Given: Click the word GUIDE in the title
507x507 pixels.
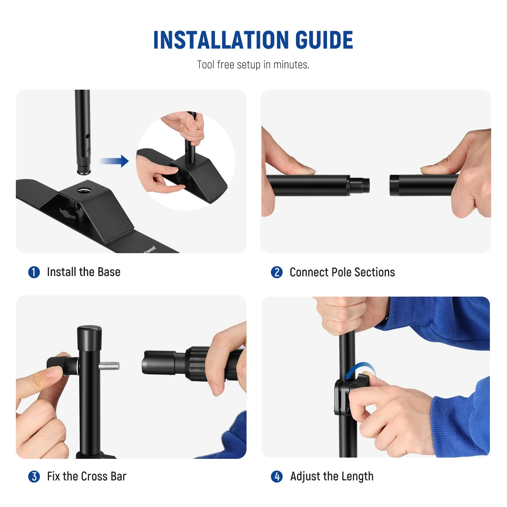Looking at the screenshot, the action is (324, 40).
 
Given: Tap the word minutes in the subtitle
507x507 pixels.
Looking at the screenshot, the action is (291, 65).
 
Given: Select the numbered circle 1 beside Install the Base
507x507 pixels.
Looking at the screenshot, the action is (34, 272).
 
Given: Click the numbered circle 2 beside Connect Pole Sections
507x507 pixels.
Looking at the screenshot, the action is (277, 272).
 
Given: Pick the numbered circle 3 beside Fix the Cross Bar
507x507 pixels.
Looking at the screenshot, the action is (34, 477).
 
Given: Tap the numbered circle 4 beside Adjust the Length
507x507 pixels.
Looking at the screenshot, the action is (277, 477).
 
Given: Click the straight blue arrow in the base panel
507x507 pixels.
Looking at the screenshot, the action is (114, 161).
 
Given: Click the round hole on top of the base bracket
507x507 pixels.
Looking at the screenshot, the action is (84, 190).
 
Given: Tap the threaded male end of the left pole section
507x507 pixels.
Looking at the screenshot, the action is (360, 185).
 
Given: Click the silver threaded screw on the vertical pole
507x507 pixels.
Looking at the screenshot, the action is (109, 366).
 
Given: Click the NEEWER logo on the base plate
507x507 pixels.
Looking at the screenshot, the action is (150, 249).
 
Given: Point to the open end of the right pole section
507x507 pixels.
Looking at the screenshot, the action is (394, 185).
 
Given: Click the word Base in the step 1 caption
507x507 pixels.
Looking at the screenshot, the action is (109, 272).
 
